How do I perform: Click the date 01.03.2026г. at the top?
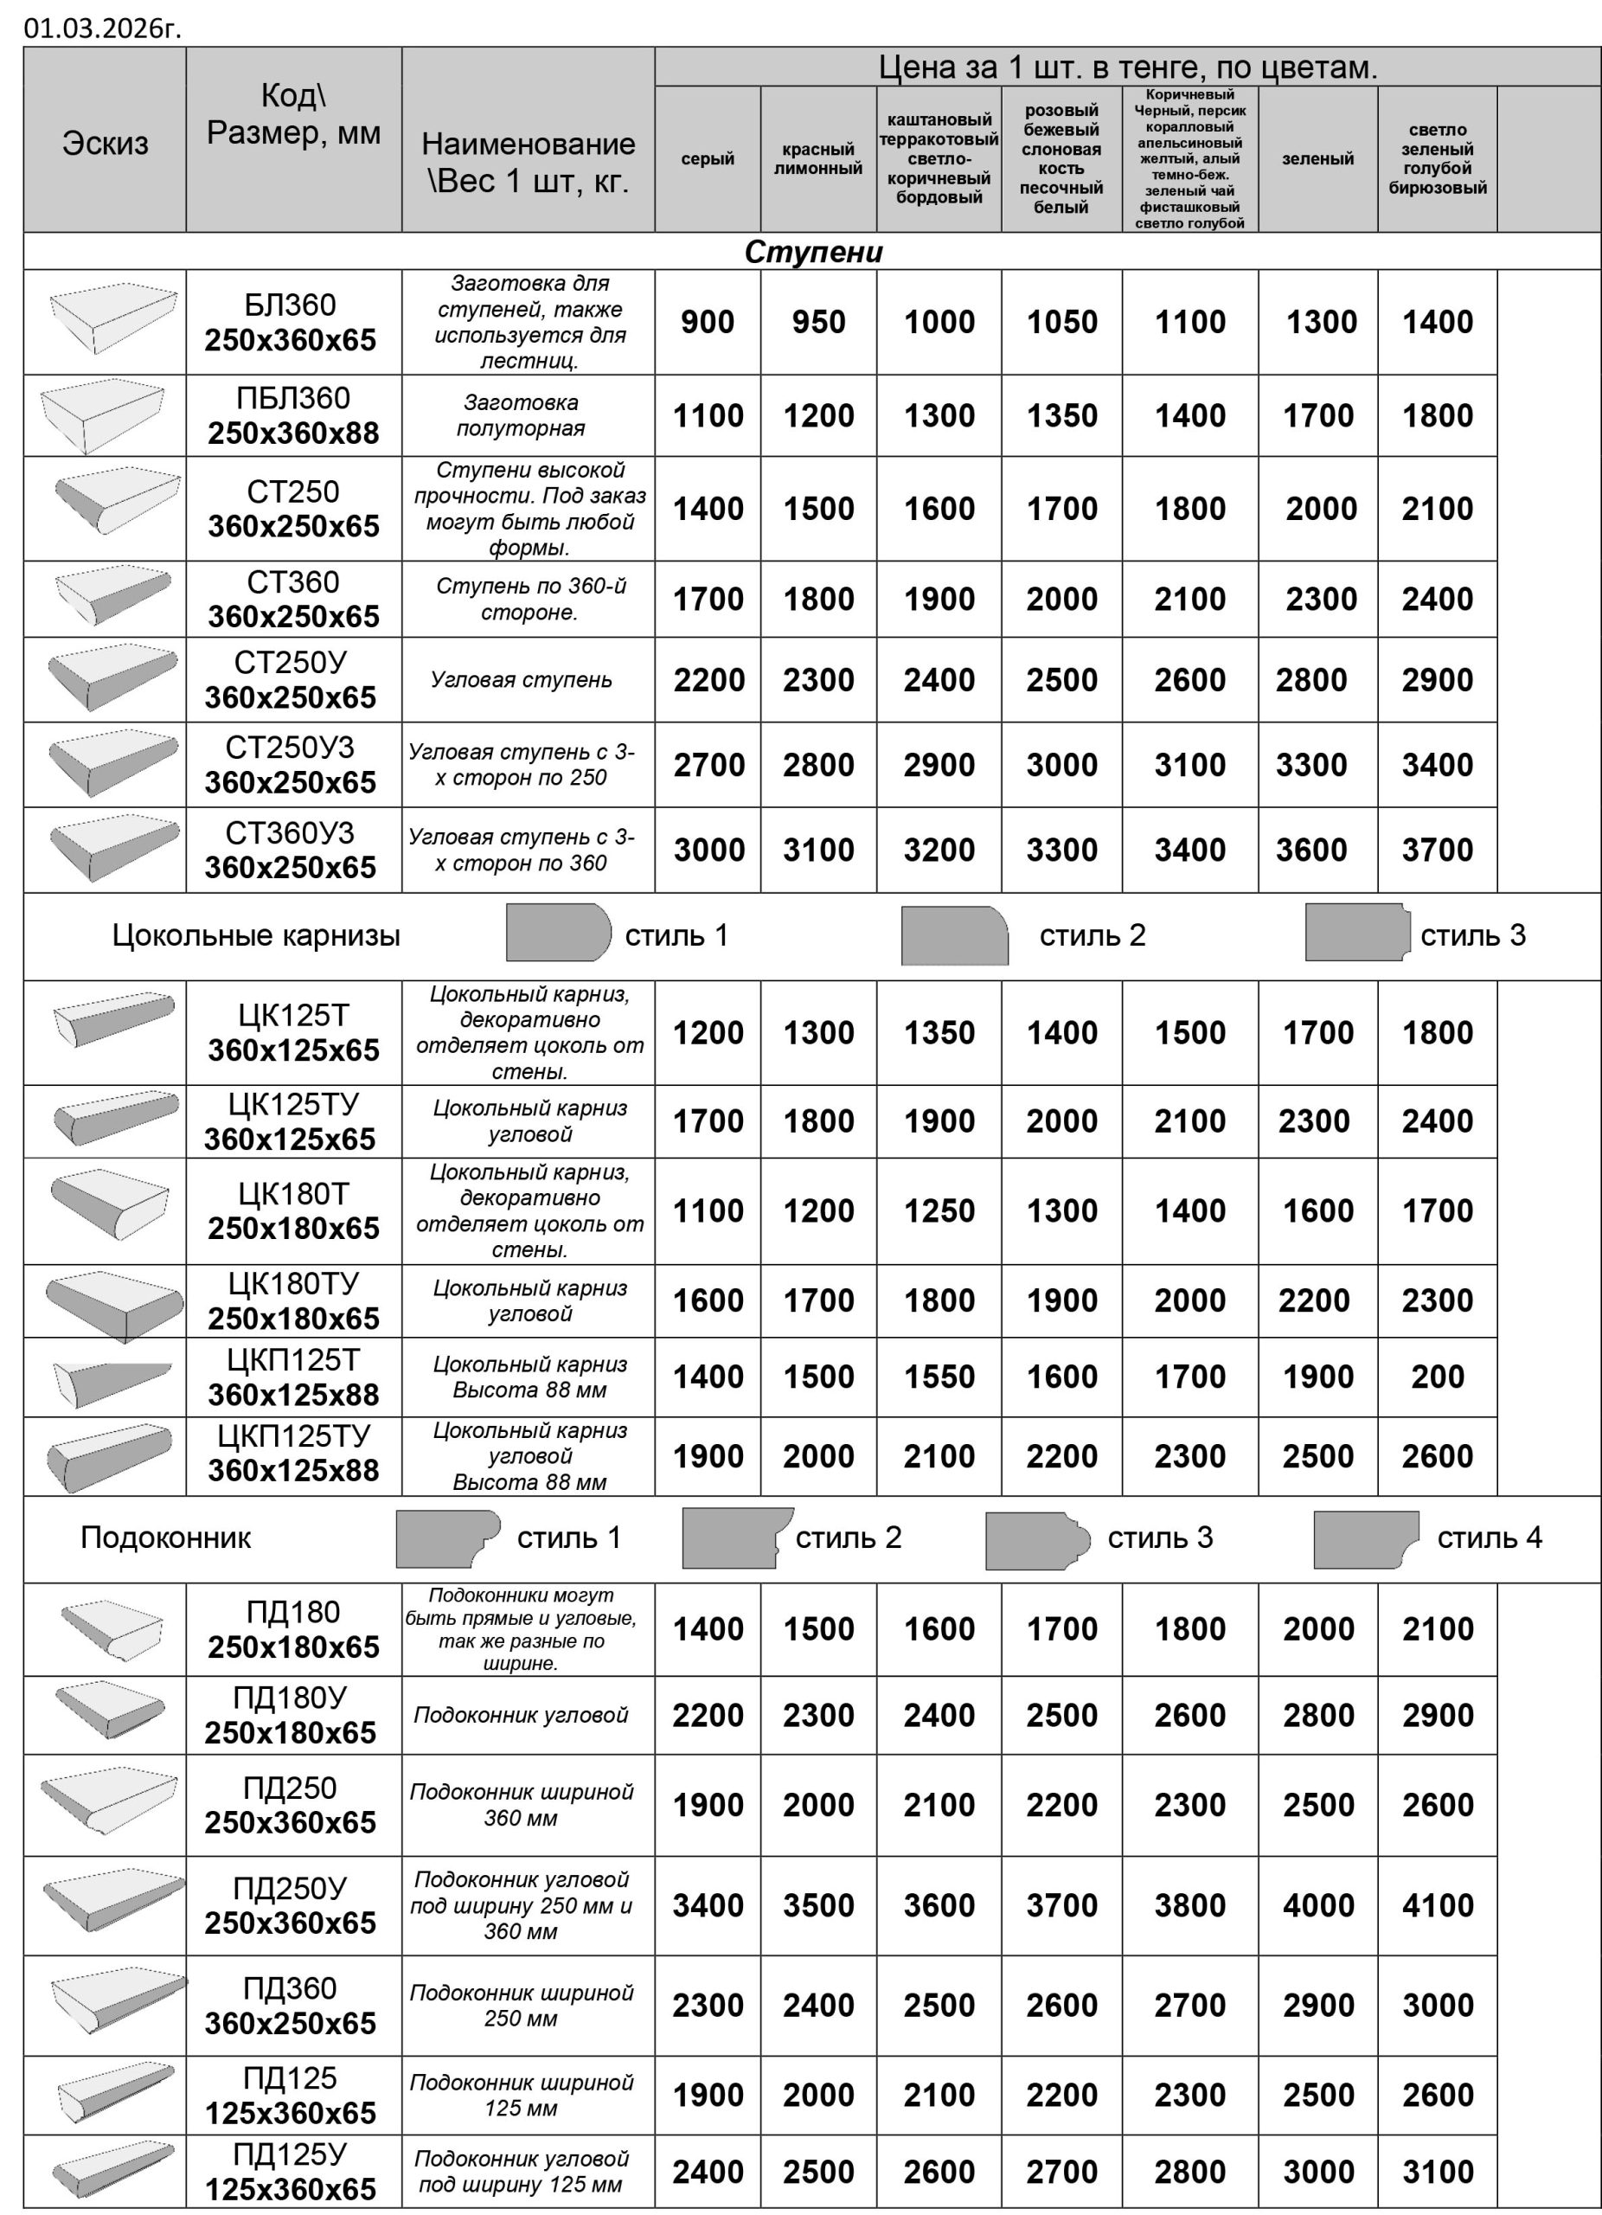click(103, 29)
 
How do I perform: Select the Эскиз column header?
click(106, 144)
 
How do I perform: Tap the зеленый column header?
click(1317, 159)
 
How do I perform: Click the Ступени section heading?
click(813, 252)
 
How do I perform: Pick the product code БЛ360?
click(290, 305)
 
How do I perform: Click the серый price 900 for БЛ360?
click(707, 322)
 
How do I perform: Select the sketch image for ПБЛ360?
click(103, 414)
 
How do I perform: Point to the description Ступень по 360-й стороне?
click(530, 599)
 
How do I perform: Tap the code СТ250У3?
click(290, 748)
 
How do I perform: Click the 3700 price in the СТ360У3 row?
click(1437, 850)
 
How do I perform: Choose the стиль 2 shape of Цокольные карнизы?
click(954, 935)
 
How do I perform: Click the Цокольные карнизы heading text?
click(256, 935)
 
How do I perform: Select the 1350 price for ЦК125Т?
click(939, 1032)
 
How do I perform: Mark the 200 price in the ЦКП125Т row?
click(1437, 1377)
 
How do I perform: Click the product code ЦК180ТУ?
click(293, 1283)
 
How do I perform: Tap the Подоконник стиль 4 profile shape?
click(1364, 1538)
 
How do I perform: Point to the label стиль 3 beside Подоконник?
click(1160, 1538)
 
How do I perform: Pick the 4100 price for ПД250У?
click(1437, 1905)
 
